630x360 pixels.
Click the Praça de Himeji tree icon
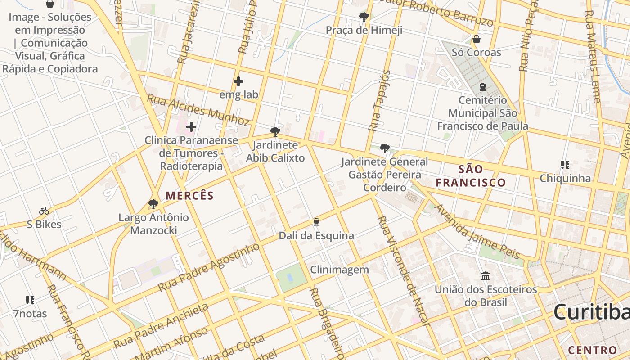[364, 17]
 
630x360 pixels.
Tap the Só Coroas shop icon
[476, 39]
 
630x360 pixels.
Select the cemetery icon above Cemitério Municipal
[482, 86]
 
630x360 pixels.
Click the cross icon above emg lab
[238, 81]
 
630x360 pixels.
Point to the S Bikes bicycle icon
[44, 211]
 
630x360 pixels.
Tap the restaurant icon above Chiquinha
[565, 165]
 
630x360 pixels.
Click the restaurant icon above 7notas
[30, 300]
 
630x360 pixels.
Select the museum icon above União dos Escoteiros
[486, 276]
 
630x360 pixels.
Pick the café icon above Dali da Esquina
[316, 222]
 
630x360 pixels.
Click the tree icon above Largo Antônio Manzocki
[153, 204]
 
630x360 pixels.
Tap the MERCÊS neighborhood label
[189, 196]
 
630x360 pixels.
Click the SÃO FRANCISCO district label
[471, 176]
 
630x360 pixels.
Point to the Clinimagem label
[339, 270]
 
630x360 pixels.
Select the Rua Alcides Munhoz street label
[198, 110]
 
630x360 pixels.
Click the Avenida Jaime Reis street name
[477, 232]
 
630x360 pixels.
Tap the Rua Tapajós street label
[379, 100]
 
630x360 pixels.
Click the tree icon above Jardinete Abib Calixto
[275, 132]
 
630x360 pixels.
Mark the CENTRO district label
[592, 350]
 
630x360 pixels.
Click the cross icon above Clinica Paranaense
[191, 127]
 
